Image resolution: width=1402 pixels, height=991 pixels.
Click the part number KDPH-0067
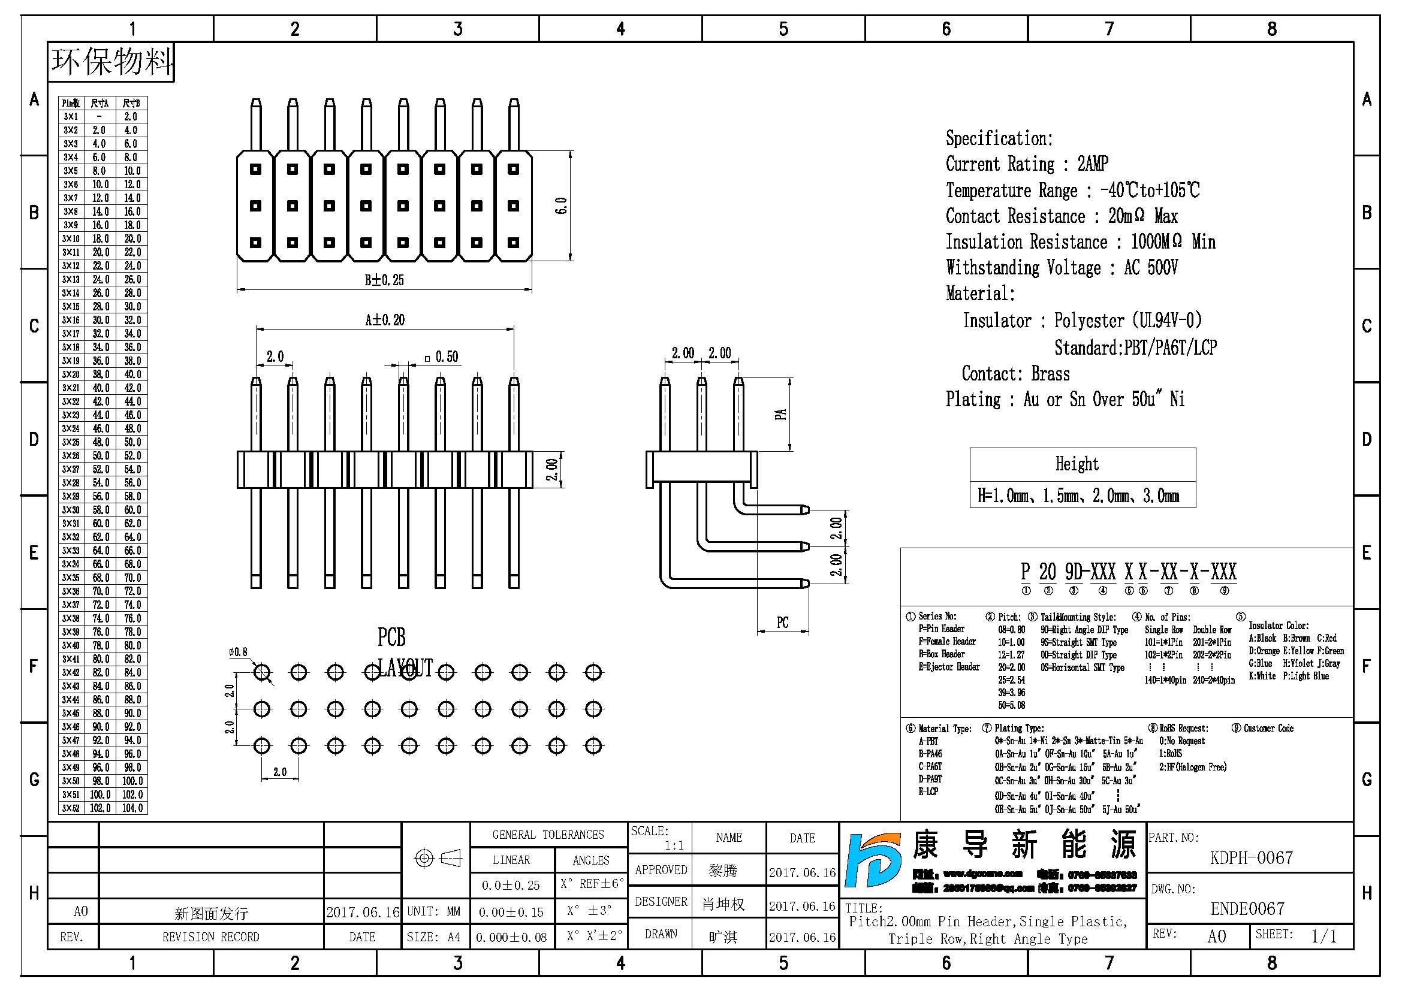click(x=1251, y=858)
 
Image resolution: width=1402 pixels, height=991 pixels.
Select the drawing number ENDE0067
click(x=1247, y=909)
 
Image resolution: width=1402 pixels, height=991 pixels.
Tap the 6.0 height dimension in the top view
click(x=561, y=206)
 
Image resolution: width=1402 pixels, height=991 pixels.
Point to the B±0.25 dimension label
click(x=384, y=280)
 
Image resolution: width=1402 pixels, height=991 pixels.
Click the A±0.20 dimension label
click(x=385, y=320)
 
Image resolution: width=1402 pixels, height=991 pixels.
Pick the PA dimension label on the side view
click(x=780, y=415)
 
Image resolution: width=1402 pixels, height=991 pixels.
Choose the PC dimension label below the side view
click(x=782, y=623)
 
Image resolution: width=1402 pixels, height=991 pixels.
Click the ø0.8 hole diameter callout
click(x=238, y=652)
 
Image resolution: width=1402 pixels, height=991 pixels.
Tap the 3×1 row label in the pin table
click(x=71, y=117)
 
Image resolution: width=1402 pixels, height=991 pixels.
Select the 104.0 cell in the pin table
click(x=132, y=808)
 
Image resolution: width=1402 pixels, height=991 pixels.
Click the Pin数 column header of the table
click(x=71, y=103)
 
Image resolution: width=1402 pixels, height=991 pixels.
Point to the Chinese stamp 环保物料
click(x=111, y=62)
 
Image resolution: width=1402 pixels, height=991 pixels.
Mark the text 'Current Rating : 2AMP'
click(x=1026, y=164)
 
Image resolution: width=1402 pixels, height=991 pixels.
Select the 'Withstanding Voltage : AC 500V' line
click(x=1062, y=268)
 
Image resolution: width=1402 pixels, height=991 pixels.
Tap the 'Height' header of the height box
click(x=1077, y=464)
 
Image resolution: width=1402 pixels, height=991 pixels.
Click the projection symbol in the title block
click(x=437, y=858)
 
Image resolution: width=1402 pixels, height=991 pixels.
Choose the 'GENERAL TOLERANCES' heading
click(x=548, y=835)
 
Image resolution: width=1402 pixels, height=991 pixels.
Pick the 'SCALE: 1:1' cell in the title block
click(x=659, y=838)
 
